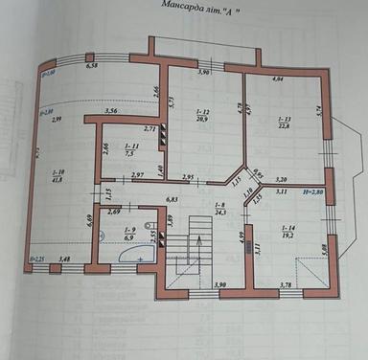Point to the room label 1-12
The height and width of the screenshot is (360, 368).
pyautogui.click(x=202, y=113)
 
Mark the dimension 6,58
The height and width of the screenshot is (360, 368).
pyautogui.click(x=92, y=66)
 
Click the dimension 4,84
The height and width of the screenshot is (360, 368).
pyautogui.click(x=278, y=79)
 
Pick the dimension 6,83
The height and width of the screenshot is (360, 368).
pyautogui.click(x=173, y=199)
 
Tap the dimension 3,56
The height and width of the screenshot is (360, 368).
pyautogui.click(x=111, y=112)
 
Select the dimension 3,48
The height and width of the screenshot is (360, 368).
pyautogui.click(x=65, y=259)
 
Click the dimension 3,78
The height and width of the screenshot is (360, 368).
pyautogui.click(x=285, y=284)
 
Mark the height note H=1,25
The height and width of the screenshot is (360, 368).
pyautogui.click(x=37, y=259)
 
